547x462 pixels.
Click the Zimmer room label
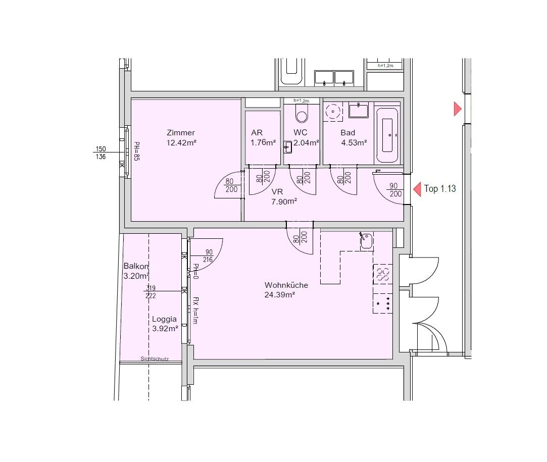(x=181, y=132)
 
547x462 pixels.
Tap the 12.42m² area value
(x=181, y=142)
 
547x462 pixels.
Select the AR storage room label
(x=257, y=132)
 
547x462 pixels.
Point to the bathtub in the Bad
(x=387, y=135)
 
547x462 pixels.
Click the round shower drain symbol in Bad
(x=333, y=112)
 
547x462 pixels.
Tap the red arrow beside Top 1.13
(x=417, y=189)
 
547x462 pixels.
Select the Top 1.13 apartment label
(x=440, y=189)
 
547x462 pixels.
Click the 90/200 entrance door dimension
(x=394, y=190)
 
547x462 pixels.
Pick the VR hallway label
(x=277, y=192)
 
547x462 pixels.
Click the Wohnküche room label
(x=286, y=285)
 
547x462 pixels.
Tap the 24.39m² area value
(x=280, y=295)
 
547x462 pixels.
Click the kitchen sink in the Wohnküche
(x=366, y=241)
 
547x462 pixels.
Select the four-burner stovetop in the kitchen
(x=383, y=303)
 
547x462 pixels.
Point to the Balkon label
(x=136, y=267)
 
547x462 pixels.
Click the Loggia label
(x=164, y=319)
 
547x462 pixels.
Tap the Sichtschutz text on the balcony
(x=155, y=359)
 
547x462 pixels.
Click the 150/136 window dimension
(x=101, y=152)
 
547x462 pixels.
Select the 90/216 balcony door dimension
(x=208, y=256)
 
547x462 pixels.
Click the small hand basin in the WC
(x=287, y=147)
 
